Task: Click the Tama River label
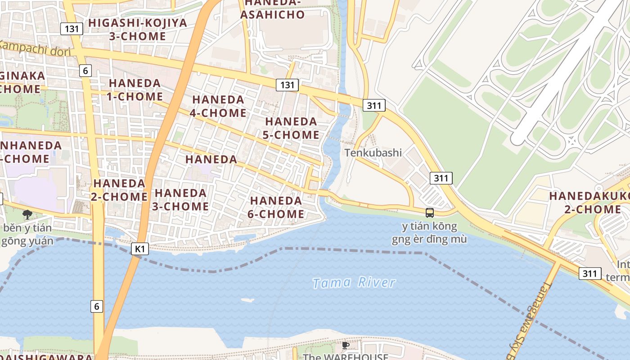[x=354, y=283]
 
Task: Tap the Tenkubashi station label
[x=373, y=153]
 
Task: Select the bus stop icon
[x=429, y=212]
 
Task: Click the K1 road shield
[x=139, y=249]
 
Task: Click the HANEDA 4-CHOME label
[x=218, y=106]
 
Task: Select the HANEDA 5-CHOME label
[x=292, y=128]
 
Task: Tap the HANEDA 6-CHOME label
[x=276, y=207]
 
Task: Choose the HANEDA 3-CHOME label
[x=181, y=200]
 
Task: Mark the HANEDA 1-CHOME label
[x=135, y=90]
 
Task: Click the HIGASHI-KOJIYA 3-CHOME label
[x=138, y=29]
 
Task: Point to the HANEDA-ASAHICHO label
[x=272, y=9]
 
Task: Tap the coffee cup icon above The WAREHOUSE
[x=345, y=345]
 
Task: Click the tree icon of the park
[x=27, y=214]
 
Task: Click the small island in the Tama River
[x=247, y=300]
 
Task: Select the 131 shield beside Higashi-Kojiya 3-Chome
[x=72, y=29]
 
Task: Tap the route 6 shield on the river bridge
[x=96, y=306]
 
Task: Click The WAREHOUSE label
[x=346, y=356]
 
